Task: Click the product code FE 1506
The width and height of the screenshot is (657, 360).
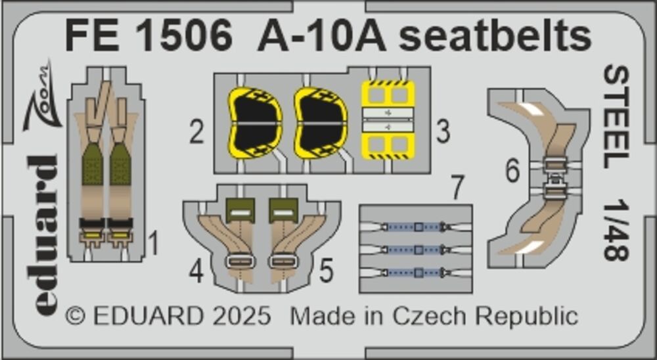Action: click(148, 37)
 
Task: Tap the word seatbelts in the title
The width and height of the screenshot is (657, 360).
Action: click(495, 36)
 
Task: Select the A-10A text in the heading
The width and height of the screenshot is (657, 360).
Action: click(321, 37)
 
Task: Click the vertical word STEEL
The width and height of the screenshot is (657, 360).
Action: click(616, 117)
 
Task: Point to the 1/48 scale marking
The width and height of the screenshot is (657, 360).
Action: click(616, 230)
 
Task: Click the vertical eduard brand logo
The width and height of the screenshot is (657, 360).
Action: click(45, 236)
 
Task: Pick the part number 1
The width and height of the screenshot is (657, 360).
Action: click(154, 244)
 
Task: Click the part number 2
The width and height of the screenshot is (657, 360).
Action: click(196, 131)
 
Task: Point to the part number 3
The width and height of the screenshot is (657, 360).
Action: click(442, 131)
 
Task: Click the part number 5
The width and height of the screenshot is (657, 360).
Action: click(326, 271)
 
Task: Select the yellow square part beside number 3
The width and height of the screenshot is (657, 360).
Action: click(388, 120)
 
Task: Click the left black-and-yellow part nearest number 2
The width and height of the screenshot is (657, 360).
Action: click(255, 124)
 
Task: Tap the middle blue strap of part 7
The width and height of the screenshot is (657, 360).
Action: click(415, 250)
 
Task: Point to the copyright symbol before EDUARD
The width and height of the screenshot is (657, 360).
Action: click(76, 317)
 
